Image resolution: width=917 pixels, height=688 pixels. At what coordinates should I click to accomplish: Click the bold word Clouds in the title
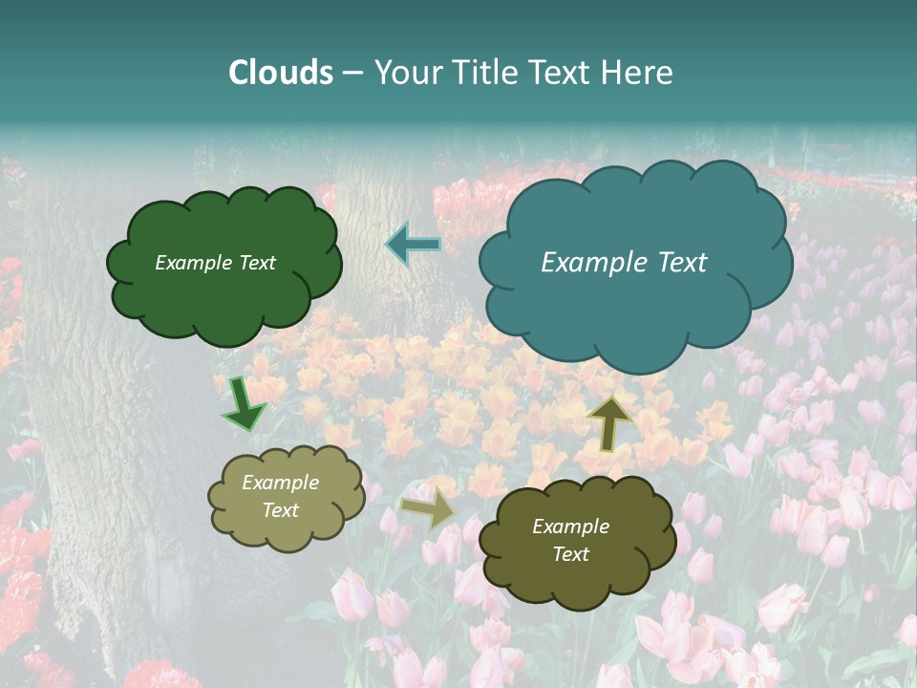281,73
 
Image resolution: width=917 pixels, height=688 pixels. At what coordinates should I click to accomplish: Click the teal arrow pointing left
413,244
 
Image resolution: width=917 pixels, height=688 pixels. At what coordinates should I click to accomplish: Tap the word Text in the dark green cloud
257,263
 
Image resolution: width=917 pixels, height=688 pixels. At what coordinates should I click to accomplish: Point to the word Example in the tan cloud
280,484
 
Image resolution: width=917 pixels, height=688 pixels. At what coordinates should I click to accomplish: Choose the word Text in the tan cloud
281,510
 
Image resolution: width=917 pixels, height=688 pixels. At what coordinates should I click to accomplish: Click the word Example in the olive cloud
570,527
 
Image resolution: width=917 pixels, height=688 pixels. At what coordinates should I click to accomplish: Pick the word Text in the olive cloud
570,554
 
